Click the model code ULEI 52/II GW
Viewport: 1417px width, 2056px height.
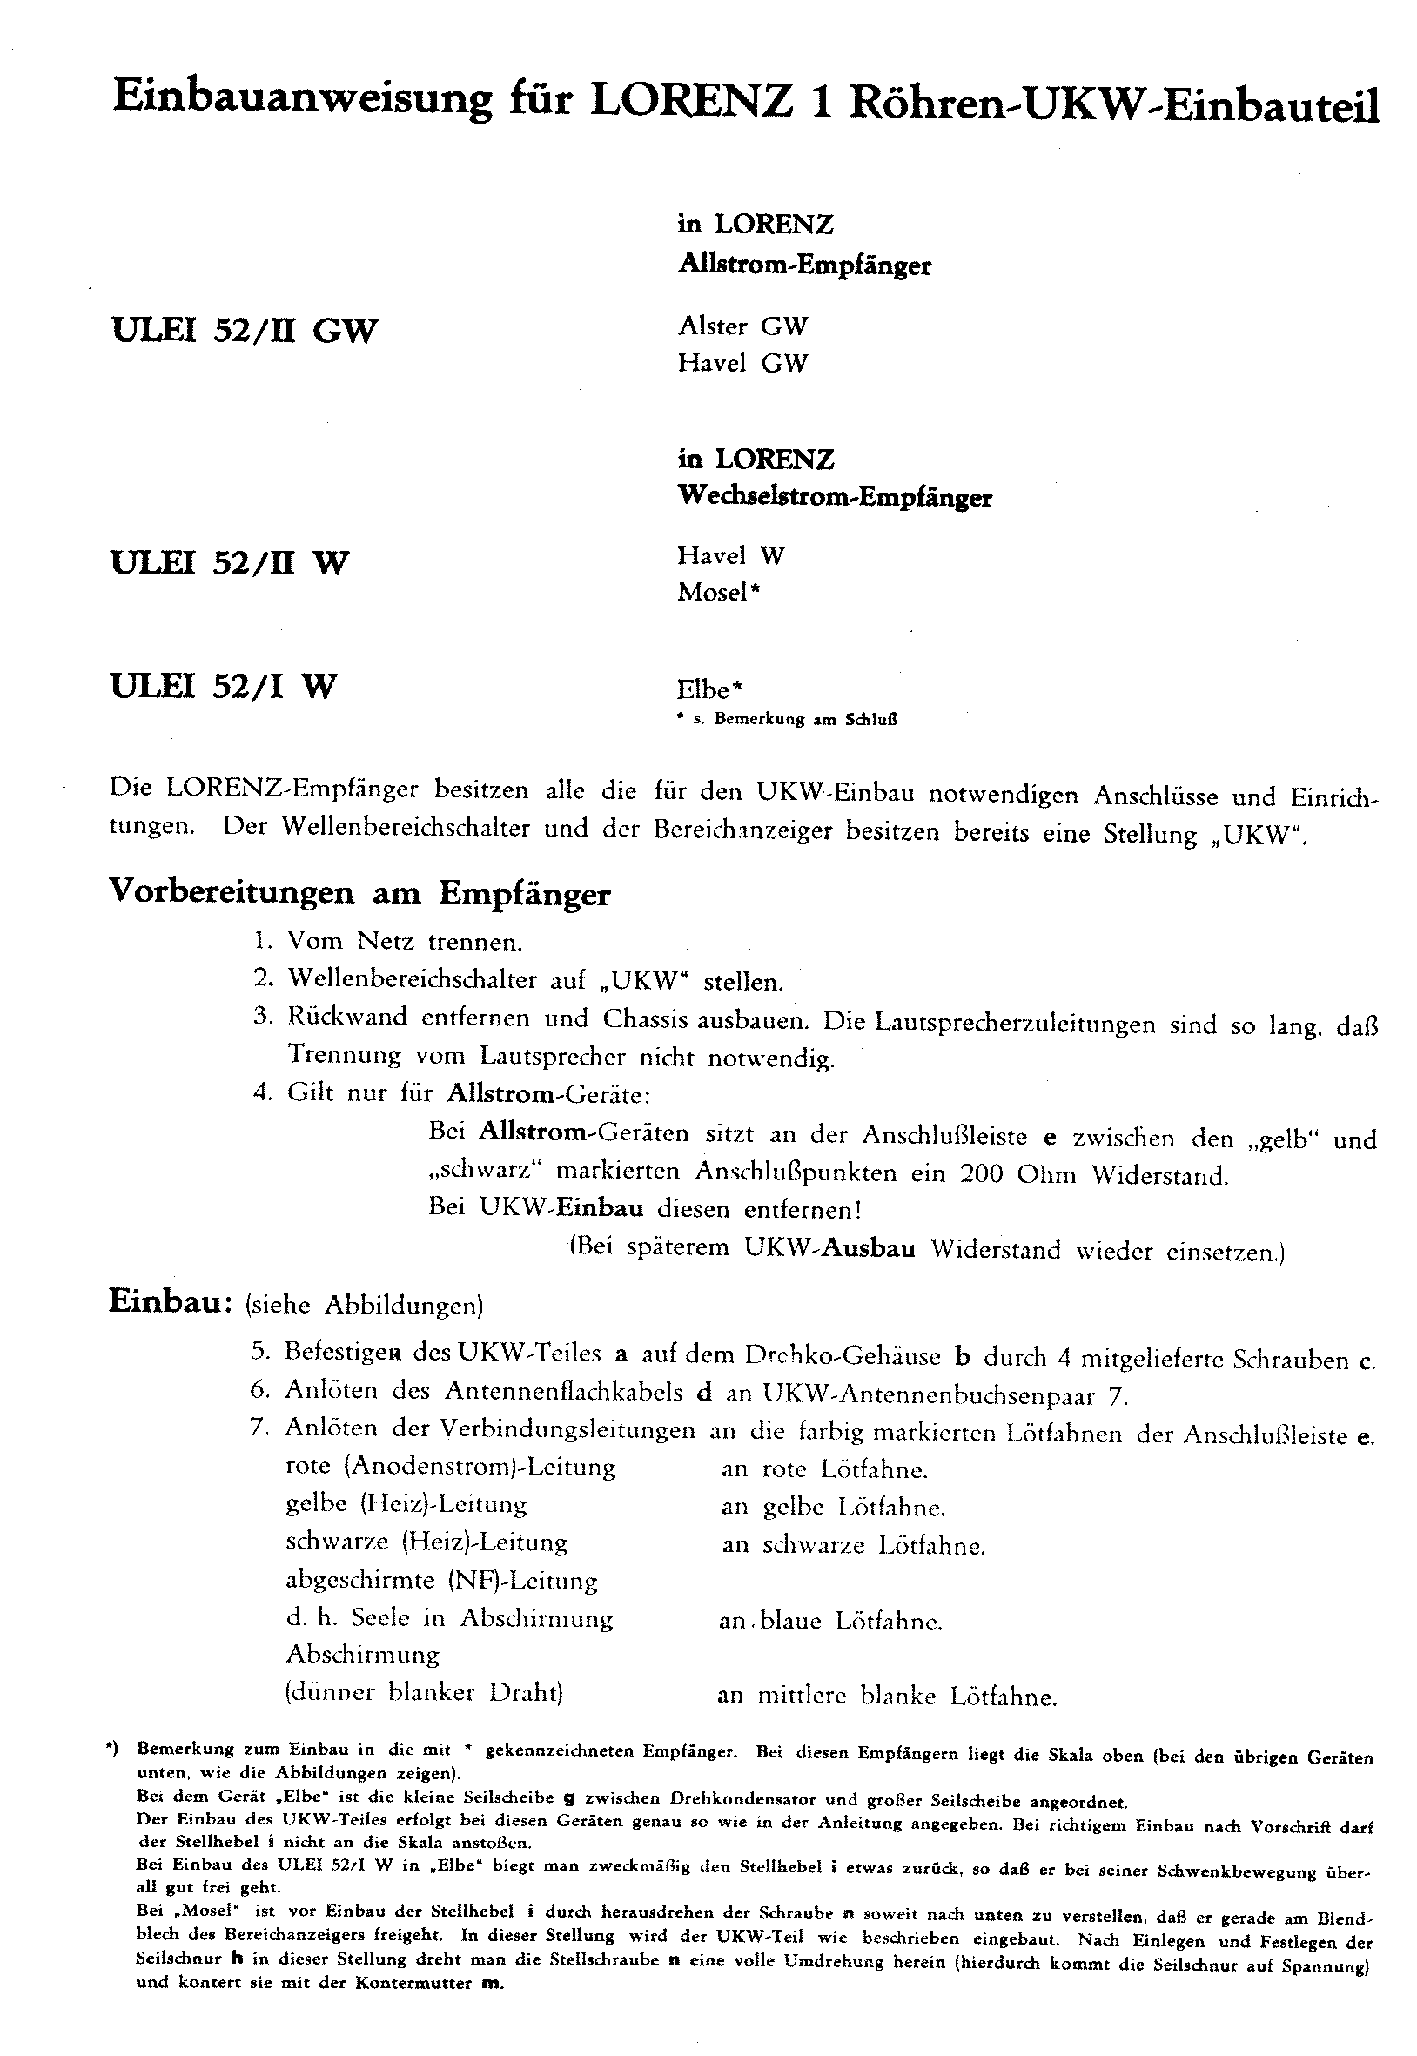pyautogui.click(x=245, y=330)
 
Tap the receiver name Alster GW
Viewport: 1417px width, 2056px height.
pyautogui.click(x=743, y=326)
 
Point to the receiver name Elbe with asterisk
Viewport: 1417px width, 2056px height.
pyautogui.click(x=710, y=689)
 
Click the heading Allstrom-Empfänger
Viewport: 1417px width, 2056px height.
pyautogui.click(x=804, y=265)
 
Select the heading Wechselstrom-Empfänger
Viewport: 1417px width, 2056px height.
pyautogui.click(x=835, y=496)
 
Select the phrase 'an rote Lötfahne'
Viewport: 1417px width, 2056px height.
pyautogui.click(x=825, y=1469)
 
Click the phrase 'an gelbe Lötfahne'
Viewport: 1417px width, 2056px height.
pyautogui.click(x=833, y=1507)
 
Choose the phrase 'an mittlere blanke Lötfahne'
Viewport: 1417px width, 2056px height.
pyautogui.click(x=887, y=1697)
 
